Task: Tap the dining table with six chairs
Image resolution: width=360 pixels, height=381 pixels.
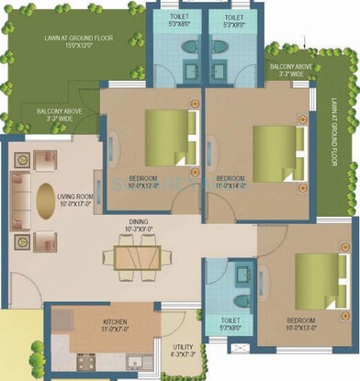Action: (x=136, y=255)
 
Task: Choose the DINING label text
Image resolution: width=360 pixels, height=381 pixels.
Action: (x=138, y=221)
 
